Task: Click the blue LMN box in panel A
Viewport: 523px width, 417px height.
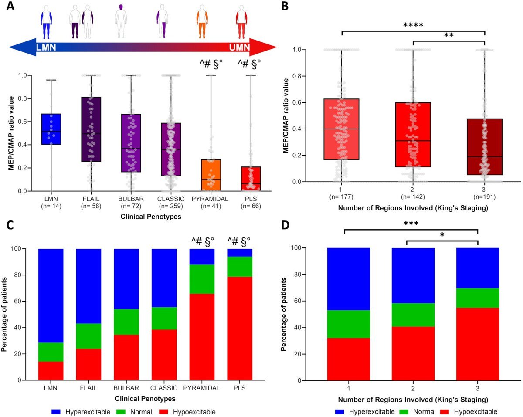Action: click(51, 129)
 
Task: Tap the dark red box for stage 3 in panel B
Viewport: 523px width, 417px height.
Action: click(484, 147)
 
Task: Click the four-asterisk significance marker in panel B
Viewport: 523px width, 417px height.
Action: click(413, 25)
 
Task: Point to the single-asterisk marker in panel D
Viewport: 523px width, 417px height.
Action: click(442, 235)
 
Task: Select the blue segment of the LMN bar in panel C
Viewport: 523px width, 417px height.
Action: click(51, 296)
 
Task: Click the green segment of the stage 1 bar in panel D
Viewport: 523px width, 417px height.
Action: click(349, 324)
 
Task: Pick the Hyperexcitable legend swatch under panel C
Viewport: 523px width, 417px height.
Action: click(56, 412)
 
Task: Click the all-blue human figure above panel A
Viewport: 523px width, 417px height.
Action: click(46, 22)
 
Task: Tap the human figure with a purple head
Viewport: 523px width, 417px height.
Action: click(121, 21)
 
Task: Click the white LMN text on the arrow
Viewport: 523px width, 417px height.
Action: click(46, 47)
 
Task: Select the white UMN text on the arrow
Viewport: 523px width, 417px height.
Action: click(239, 47)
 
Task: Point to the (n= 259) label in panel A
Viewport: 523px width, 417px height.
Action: click(170, 206)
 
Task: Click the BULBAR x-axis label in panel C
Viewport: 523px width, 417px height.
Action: click(126, 388)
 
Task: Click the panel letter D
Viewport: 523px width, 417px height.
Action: click(285, 225)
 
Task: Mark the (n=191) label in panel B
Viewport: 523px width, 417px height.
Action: click(484, 197)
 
